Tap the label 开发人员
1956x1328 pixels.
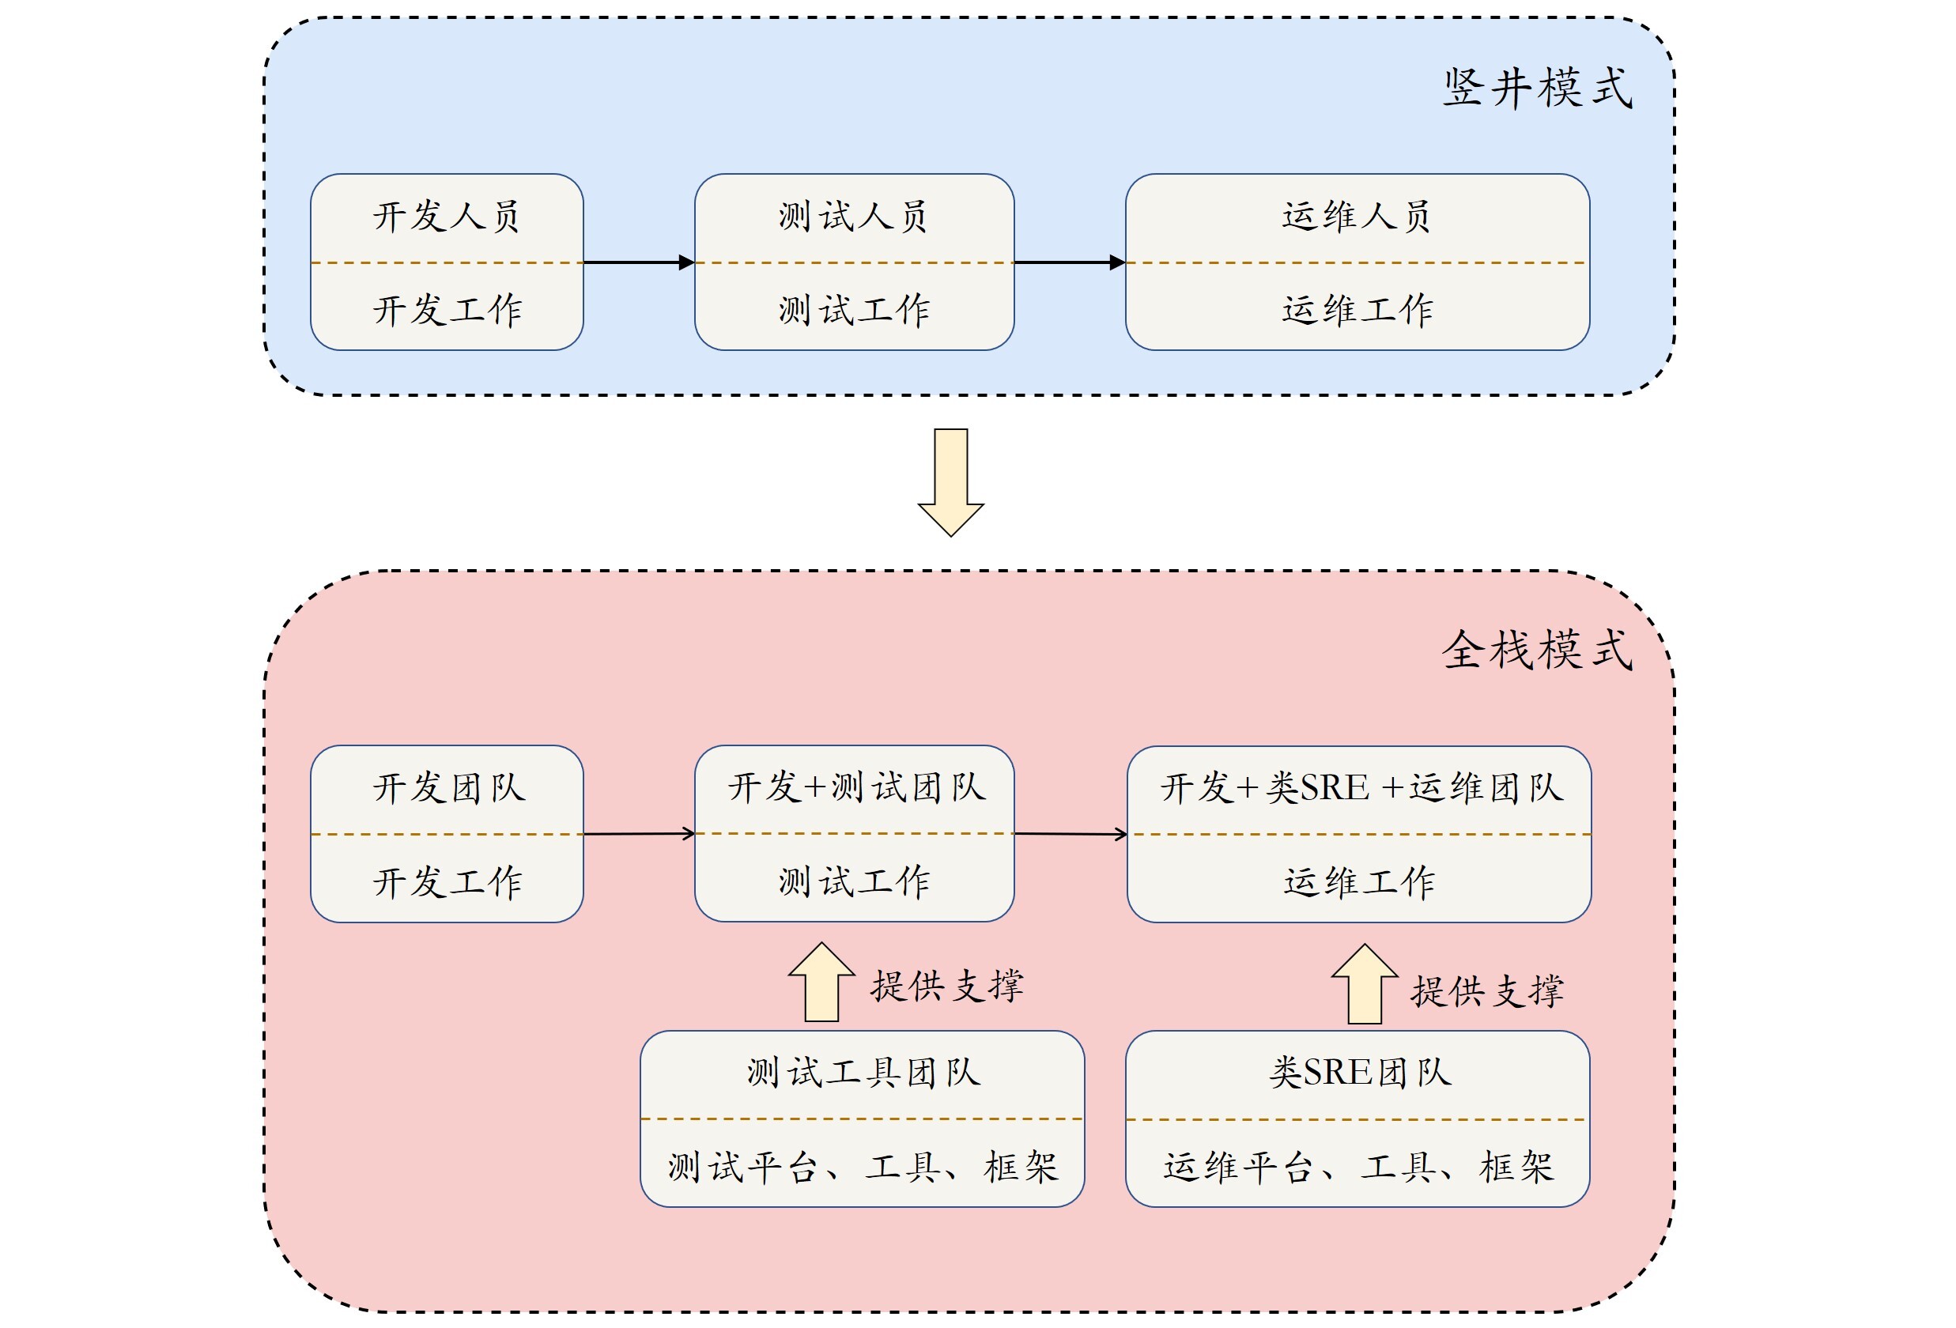tap(446, 217)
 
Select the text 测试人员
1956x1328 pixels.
tap(852, 217)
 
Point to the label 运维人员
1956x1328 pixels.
tap(1356, 217)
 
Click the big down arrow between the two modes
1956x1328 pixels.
tap(950, 481)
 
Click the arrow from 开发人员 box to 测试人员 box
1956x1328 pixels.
tap(638, 262)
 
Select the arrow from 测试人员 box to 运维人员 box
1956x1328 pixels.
tap(1069, 262)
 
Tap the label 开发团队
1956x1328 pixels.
tap(448, 789)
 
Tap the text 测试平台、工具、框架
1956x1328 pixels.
tap(863, 1168)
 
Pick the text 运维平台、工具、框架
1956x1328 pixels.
tap(1358, 1168)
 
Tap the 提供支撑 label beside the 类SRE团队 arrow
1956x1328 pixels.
tap(1487, 991)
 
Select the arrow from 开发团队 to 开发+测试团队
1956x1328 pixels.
tap(638, 834)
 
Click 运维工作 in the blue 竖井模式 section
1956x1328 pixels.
tap(1357, 310)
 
